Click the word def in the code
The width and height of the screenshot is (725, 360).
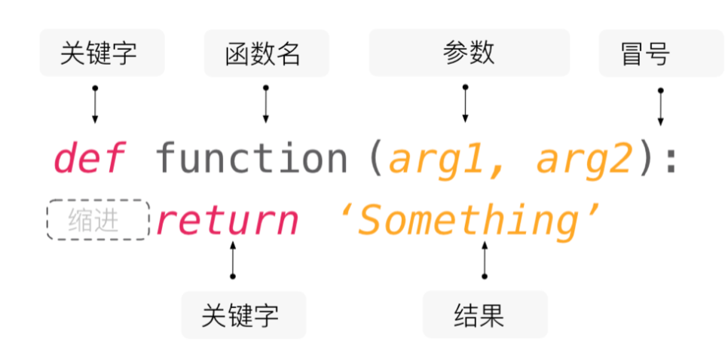pos(89,159)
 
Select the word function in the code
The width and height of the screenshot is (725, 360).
pos(251,159)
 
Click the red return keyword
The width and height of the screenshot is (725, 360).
pos(227,221)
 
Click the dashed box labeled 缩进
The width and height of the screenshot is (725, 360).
pos(98,220)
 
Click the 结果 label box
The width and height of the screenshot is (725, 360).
pos(485,315)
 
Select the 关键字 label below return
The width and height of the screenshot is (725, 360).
pos(243,315)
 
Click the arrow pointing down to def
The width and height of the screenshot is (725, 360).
pos(95,105)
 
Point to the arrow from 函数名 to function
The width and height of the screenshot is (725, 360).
pos(265,105)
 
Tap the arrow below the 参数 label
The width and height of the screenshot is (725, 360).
pos(465,105)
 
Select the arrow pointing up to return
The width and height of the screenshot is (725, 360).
pos(232,261)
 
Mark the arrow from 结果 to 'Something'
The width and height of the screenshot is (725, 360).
pos(484,261)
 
